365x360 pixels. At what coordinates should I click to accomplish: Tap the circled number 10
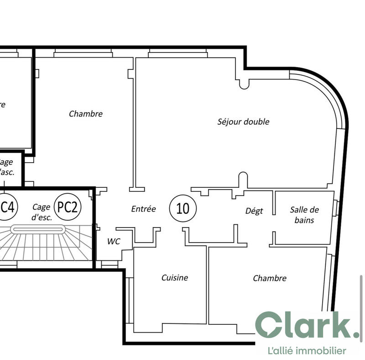(183, 208)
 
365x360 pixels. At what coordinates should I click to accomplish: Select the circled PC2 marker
(68, 207)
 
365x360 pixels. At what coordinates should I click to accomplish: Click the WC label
(114, 242)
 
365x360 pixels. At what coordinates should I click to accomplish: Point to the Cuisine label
(174, 277)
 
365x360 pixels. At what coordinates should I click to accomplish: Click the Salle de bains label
(304, 215)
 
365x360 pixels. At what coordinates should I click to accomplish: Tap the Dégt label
(254, 211)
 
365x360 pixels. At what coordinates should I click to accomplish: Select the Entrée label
(143, 209)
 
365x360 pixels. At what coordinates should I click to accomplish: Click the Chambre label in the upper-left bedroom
(86, 114)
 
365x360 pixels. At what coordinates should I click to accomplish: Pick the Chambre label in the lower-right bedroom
(270, 278)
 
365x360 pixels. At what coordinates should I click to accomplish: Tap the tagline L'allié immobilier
(306, 351)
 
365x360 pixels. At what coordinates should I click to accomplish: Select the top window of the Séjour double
(177, 55)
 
